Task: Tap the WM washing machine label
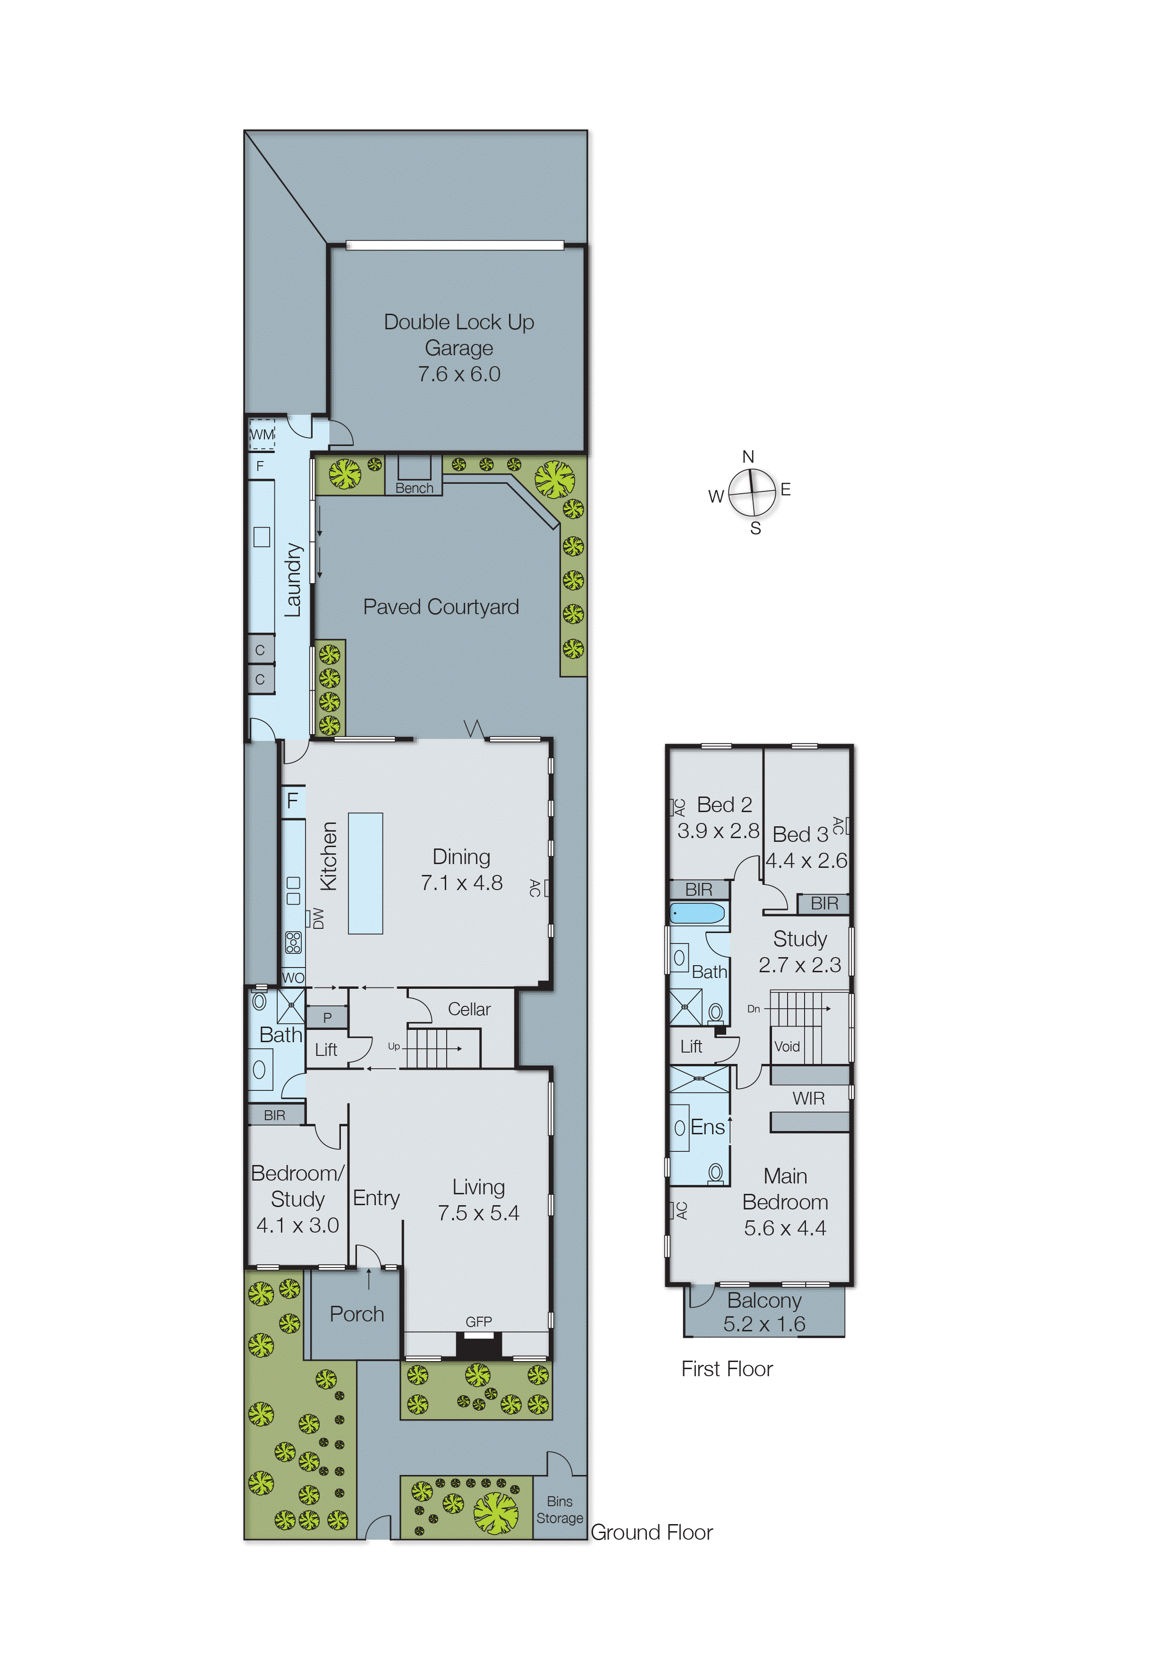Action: point(262,434)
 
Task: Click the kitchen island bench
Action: point(365,874)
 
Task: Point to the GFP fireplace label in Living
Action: point(479,1321)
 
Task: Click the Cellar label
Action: point(469,1009)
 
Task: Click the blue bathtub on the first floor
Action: point(697,913)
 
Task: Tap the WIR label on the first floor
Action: point(808,1098)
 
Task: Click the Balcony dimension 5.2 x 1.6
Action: point(764,1324)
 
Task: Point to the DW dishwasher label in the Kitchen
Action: point(318,918)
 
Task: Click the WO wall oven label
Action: point(293,978)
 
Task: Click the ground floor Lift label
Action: point(326,1050)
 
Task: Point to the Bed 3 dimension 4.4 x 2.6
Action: point(806,860)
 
